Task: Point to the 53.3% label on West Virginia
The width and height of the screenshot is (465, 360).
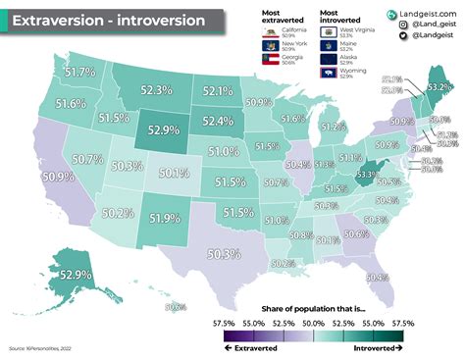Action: point(367,175)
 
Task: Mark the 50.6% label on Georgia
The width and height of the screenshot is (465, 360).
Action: point(356,233)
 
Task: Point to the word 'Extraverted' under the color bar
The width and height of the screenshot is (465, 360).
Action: point(260,347)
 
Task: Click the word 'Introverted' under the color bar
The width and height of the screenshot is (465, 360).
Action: point(374,347)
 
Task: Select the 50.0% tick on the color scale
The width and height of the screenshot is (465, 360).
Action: point(314,321)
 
